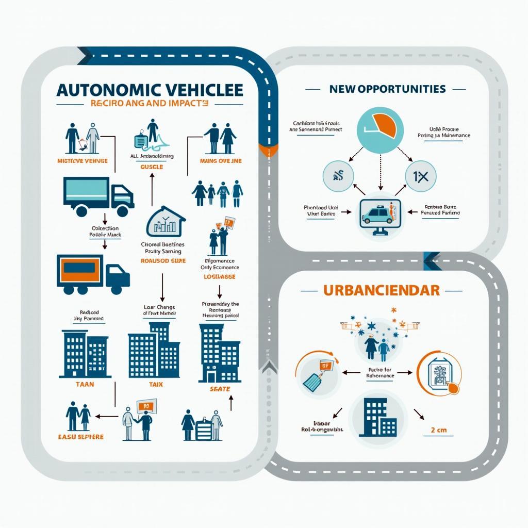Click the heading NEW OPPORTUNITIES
click(x=387, y=89)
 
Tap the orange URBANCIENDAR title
click(x=381, y=290)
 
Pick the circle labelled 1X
click(x=420, y=177)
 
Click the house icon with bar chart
click(x=166, y=223)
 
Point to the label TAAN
click(x=85, y=384)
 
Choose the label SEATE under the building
click(x=220, y=389)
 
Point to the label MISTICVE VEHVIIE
click(x=83, y=161)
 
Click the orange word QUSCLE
click(x=152, y=167)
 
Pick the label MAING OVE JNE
click(x=220, y=161)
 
